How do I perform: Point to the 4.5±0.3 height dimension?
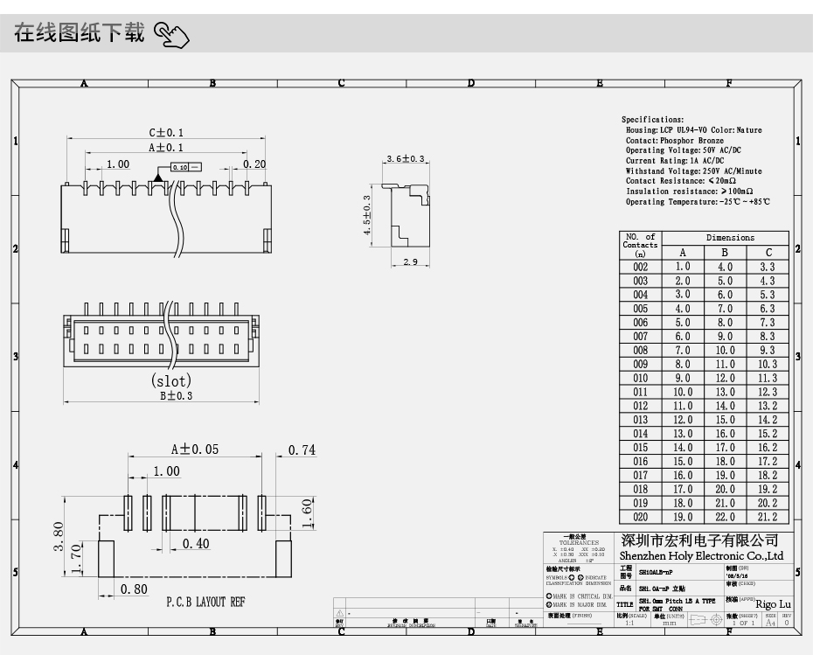point(367,222)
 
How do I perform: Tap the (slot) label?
point(171,380)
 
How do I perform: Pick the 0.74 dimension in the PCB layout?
point(302,450)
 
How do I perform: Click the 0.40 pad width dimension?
point(197,543)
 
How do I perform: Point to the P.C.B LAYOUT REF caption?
point(205,603)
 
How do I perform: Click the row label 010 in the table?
point(640,378)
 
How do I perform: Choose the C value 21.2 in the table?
point(767,517)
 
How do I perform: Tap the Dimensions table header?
point(730,238)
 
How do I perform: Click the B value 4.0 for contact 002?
point(725,267)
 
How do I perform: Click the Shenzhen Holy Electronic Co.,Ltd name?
point(702,556)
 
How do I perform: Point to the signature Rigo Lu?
point(772,603)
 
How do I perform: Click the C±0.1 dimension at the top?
point(166,133)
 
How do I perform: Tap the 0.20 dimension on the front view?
point(254,164)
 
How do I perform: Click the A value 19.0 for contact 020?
point(682,517)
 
